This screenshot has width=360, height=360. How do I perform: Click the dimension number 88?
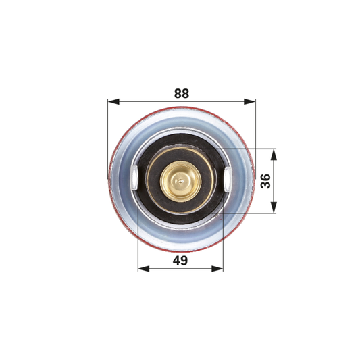pyautogui.click(x=182, y=93)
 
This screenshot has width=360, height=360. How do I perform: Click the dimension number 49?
pyautogui.click(x=180, y=261)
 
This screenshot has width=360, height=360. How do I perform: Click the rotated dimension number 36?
pyautogui.click(x=266, y=181)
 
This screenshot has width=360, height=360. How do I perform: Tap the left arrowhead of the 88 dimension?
pyautogui.click(x=113, y=101)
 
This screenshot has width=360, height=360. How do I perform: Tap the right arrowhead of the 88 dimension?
pyautogui.click(x=249, y=101)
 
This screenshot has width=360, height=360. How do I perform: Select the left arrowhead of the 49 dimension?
pyautogui.click(x=144, y=269)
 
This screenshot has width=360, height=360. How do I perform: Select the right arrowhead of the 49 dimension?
pyautogui.click(x=217, y=269)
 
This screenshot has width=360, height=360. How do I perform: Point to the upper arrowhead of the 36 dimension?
pyautogui.click(x=274, y=155)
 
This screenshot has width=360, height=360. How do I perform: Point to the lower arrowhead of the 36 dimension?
pyautogui.click(x=274, y=207)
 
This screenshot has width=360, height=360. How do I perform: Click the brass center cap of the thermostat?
pyautogui.click(x=181, y=182)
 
